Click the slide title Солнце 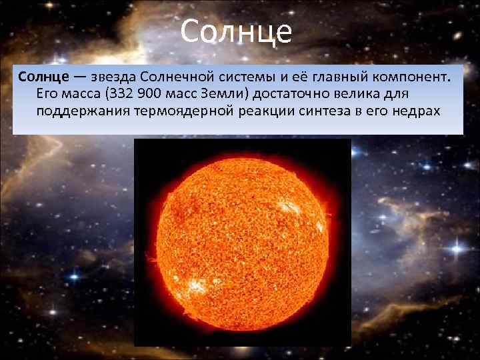236,31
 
